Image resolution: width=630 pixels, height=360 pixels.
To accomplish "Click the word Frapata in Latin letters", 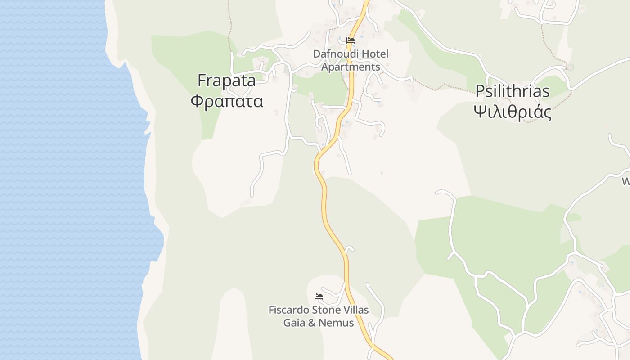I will click(226, 81).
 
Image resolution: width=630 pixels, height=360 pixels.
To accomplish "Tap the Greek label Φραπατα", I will click(226, 101).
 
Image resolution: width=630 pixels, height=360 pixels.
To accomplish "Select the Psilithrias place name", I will click(513, 91).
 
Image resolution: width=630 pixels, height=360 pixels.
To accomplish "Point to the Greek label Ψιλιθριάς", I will click(513, 112).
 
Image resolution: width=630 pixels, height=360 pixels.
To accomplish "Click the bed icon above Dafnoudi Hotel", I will click(351, 40).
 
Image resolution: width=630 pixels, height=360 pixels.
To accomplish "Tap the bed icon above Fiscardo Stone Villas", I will click(319, 297).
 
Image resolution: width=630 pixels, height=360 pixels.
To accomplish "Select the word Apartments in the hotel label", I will click(351, 67).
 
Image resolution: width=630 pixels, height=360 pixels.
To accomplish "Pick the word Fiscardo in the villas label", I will click(288, 310).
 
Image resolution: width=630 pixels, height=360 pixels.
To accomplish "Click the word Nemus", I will click(336, 323).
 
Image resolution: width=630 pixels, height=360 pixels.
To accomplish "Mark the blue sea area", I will click(67, 180).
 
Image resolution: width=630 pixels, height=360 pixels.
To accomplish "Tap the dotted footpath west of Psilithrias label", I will click(432, 87).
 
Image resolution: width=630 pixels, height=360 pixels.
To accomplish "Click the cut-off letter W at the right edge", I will click(626, 182).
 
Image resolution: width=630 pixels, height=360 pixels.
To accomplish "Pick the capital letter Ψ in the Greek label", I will click(480, 112).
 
